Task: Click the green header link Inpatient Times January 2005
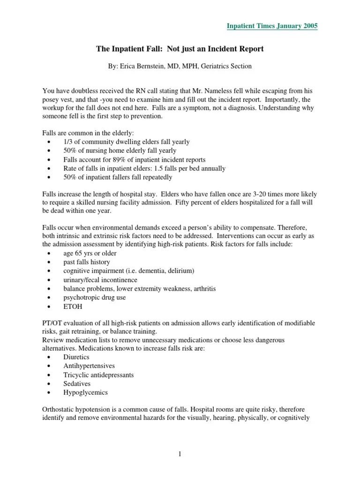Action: pos(272,26)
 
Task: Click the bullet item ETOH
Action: pos(73,307)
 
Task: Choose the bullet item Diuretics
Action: pos(76,357)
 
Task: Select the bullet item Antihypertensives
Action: pos(89,366)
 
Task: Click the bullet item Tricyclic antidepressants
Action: pos(98,375)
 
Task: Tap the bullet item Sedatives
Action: pos(77,383)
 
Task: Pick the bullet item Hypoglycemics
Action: pos(85,392)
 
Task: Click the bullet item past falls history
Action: pos(87,262)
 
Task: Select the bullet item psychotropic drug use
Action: pos(95,298)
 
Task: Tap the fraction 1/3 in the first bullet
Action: pos(68,142)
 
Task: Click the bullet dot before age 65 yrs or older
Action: pos(50,253)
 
